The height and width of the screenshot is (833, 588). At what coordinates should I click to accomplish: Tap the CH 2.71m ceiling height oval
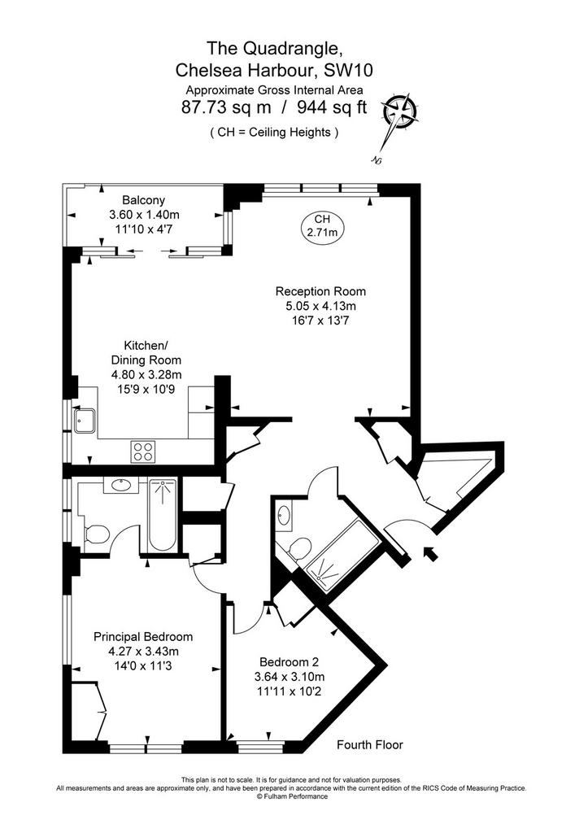[322, 226]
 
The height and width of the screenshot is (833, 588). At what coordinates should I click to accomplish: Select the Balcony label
[143, 200]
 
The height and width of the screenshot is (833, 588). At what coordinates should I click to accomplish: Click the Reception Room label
[320, 291]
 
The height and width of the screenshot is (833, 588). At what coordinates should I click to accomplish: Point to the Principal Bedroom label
[143, 636]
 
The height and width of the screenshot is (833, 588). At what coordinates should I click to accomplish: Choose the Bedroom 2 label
[289, 662]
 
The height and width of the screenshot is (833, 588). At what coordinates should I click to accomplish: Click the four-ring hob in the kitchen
[143, 451]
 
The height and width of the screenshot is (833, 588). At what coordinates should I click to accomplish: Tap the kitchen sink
[85, 420]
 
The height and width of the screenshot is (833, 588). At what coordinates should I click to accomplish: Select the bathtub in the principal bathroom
[163, 515]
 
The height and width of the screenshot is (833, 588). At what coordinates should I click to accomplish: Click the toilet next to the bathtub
[96, 534]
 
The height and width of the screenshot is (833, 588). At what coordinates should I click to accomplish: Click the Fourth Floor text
[370, 745]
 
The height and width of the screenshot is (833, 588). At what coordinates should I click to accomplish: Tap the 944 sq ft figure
[332, 107]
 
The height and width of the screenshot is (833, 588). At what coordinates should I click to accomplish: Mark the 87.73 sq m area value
[226, 107]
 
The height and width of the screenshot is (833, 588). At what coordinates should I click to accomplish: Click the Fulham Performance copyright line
[292, 796]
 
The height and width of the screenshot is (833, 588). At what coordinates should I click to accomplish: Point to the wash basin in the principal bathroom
[121, 485]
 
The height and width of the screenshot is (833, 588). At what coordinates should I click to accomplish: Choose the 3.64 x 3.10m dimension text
[289, 677]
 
